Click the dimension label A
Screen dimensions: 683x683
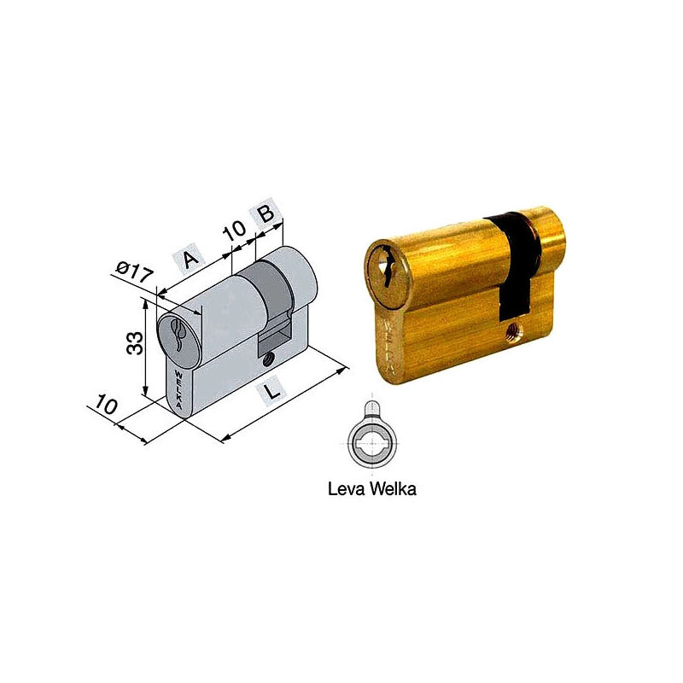189,260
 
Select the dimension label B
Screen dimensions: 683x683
266,213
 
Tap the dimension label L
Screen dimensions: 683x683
271,391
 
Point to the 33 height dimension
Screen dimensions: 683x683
135,343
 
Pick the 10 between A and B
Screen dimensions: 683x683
235,230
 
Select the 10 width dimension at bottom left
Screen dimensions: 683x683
106,404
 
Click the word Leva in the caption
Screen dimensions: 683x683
346,488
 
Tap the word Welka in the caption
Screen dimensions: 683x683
393,488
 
